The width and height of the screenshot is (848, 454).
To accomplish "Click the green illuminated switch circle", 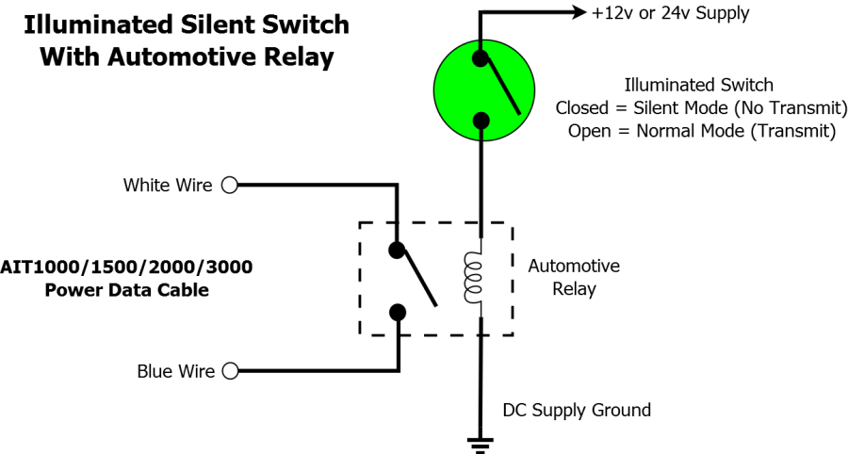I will (481, 90).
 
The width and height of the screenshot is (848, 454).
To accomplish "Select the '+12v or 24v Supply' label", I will (670, 13).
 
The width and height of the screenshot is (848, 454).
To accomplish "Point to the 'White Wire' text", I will (168, 186).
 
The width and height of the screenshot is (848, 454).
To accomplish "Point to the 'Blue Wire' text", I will (175, 371).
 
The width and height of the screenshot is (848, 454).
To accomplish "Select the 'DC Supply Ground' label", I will (577, 411).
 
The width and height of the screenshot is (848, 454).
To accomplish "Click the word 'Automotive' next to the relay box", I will (574, 267).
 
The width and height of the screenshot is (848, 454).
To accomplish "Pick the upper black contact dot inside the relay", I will (398, 251).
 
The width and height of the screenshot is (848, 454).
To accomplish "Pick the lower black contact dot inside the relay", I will (398, 312).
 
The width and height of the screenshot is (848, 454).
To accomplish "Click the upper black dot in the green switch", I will (481, 58).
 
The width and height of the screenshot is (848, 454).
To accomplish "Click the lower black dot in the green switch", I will (481, 120).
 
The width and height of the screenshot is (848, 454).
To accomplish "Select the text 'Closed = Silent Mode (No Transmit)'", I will (701, 108).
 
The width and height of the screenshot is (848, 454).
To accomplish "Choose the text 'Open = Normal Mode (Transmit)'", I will (701, 131).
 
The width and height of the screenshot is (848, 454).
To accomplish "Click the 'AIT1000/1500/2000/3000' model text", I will (126, 268).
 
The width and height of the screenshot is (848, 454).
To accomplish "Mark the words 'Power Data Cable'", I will (126, 290).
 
